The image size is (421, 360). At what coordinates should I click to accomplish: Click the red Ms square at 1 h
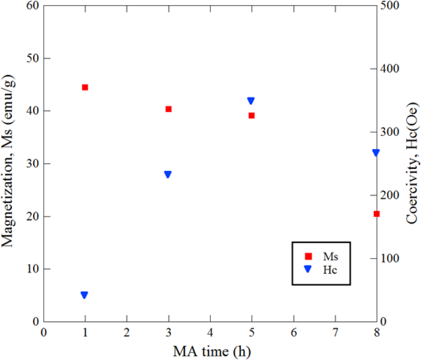click(x=85, y=87)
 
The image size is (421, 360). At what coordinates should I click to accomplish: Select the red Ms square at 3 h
click(x=169, y=109)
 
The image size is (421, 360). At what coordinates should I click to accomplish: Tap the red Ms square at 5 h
click(x=252, y=115)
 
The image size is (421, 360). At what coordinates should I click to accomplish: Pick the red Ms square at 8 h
click(x=377, y=214)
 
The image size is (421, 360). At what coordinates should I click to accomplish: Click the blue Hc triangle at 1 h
click(x=84, y=295)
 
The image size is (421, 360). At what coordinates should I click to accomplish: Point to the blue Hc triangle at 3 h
click(x=168, y=174)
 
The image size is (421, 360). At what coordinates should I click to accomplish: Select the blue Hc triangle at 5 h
click(x=251, y=101)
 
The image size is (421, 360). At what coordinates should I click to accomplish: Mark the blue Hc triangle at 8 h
click(x=376, y=153)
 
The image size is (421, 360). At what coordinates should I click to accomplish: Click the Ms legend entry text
click(x=331, y=256)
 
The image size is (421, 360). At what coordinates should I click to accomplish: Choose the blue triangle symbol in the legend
click(x=308, y=269)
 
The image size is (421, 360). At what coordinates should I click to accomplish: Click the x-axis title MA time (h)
click(x=211, y=351)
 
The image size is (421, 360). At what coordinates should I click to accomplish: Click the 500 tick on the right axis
click(x=390, y=6)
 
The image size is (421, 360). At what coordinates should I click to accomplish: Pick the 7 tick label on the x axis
click(x=335, y=332)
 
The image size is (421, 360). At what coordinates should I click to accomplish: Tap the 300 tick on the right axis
click(x=390, y=132)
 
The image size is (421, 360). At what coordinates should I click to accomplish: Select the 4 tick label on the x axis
click(x=210, y=332)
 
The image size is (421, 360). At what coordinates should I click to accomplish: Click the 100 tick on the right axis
click(x=390, y=259)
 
